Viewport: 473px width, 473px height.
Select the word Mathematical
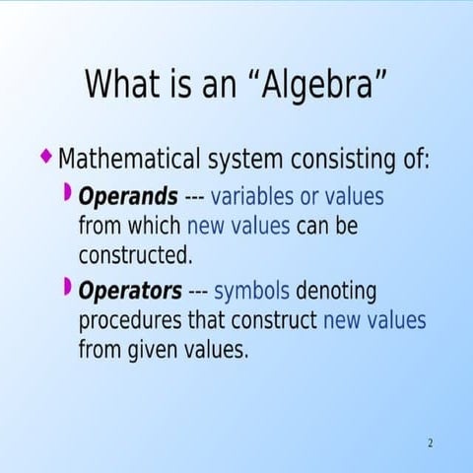point(129,159)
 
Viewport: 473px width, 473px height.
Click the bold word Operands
point(128,195)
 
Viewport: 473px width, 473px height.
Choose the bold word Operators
point(130,292)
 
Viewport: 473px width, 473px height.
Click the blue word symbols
point(251,292)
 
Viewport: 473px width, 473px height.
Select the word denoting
point(336,292)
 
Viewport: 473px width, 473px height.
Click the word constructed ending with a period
point(135,255)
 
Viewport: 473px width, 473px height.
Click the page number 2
point(430,442)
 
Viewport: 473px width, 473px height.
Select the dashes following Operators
point(197,293)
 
